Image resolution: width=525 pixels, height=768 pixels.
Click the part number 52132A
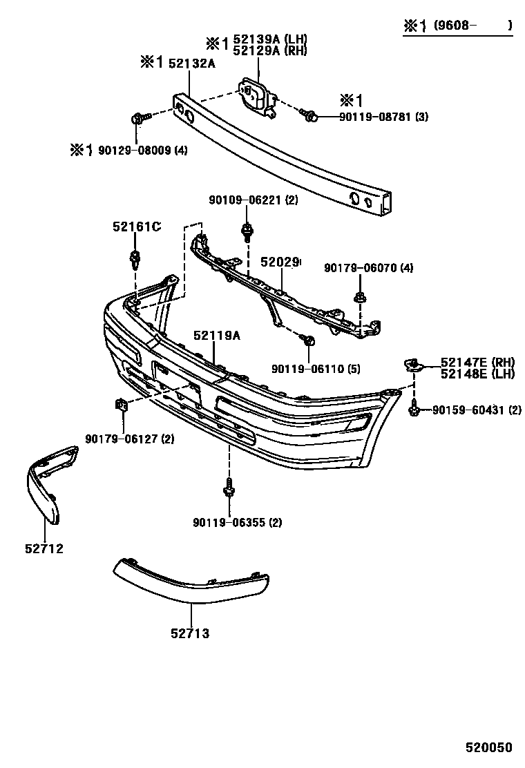point(192,64)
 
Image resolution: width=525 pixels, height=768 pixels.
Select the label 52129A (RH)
point(269,50)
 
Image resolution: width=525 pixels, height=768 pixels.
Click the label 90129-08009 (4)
point(141,149)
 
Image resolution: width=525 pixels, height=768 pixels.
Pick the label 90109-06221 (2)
point(253,200)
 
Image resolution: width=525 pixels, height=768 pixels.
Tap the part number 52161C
point(137,226)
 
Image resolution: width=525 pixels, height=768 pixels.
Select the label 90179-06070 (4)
point(368,267)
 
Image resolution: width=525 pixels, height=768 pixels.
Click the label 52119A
point(217,335)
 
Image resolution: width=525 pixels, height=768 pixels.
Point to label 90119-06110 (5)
point(316,369)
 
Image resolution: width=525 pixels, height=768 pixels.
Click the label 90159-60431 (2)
point(477,410)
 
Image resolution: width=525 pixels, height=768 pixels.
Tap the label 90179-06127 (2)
point(130,439)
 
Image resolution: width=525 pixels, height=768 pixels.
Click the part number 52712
point(45,549)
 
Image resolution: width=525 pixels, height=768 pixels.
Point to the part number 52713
point(191,633)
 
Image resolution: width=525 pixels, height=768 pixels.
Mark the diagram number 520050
point(488,749)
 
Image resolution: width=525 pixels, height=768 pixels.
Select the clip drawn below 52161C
point(135,260)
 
